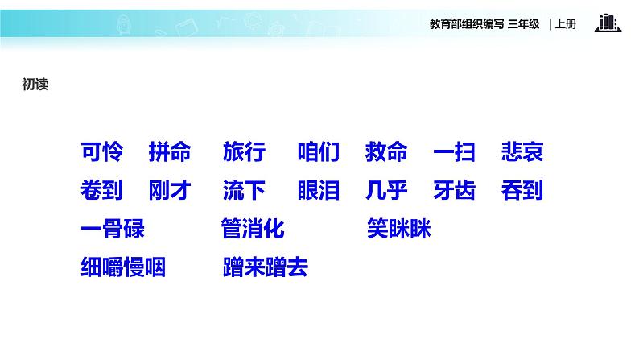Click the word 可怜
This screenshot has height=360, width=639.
click(x=102, y=151)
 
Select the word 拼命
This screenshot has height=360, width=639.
click(x=170, y=151)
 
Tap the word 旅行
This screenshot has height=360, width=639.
click(x=244, y=151)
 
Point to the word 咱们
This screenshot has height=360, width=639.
click(x=319, y=151)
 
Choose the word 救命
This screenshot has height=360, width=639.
click(x=386, y=151)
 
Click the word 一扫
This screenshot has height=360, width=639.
click(x=454, y=151)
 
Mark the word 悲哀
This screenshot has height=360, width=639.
click(x=522, y=151)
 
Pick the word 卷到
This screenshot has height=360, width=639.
click(x=102, y=191)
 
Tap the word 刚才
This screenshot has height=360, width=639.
click(x=170, y=191)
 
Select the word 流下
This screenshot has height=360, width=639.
click(x=244, y=191)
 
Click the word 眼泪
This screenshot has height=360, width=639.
click(x=319, y=191)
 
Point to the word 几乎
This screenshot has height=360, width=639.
click(x=386, y=191)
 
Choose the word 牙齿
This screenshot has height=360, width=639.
click(x=454, y=191)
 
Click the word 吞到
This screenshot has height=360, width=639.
click(x=522, y=191)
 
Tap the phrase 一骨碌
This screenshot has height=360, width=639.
click(x=113, y=230)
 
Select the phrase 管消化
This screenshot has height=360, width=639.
click(x=253, y=230)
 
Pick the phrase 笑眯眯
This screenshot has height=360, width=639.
click(x=399, y=230)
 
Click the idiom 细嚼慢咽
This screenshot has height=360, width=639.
click(x=123, y=267)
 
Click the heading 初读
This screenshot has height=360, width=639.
click(x=35, y=84)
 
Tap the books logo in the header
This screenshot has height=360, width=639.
click(x=608, y=23)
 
